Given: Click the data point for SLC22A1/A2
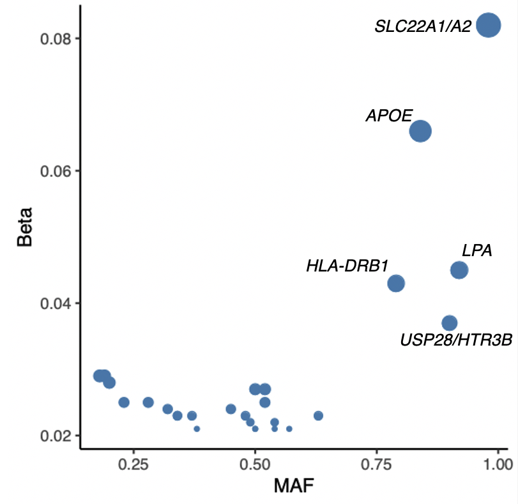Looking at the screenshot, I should (489, 26).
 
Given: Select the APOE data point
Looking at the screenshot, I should (420, 131).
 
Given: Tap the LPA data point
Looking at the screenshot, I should (459, 270).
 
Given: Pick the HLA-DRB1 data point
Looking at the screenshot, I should (396, 283).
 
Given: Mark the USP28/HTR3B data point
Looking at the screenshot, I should (450, 323).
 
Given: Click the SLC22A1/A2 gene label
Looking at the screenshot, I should (423, 27).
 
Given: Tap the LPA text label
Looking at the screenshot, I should (476, 250).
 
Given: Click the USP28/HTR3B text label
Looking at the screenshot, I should (456, 340).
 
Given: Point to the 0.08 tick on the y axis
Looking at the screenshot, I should (55, 38).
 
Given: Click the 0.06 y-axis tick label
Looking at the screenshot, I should (55, 171).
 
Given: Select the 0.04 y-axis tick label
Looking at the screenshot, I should (55, 303).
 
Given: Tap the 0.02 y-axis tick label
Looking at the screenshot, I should (55, 436).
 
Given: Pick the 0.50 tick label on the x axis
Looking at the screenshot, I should (255, 462).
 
